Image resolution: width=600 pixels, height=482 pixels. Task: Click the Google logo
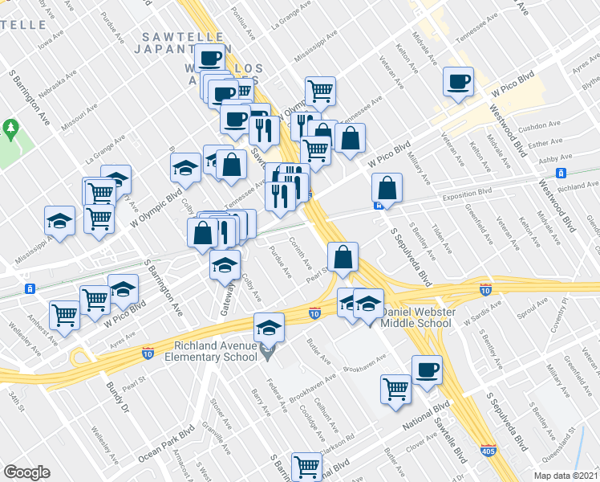pyautogui.click(x=26, y=472)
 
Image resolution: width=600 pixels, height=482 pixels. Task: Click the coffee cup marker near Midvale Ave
pyautogui.click(x=459, y=81)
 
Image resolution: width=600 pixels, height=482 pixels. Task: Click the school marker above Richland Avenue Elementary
pyautogui.click(x=270, y=327)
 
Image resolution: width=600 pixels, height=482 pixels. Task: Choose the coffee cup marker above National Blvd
pyautogui.click(x=427, y=369)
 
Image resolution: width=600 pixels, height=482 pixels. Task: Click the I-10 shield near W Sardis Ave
pyautogui.click(x=485, y=288)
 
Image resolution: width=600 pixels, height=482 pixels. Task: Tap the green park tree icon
pyautogui.click(x=10, y=128)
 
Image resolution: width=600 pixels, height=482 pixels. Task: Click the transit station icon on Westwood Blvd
pyautogui.click(x=562, y=173)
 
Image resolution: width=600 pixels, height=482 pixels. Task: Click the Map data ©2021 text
pyautogui.click(x=566, y=476)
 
